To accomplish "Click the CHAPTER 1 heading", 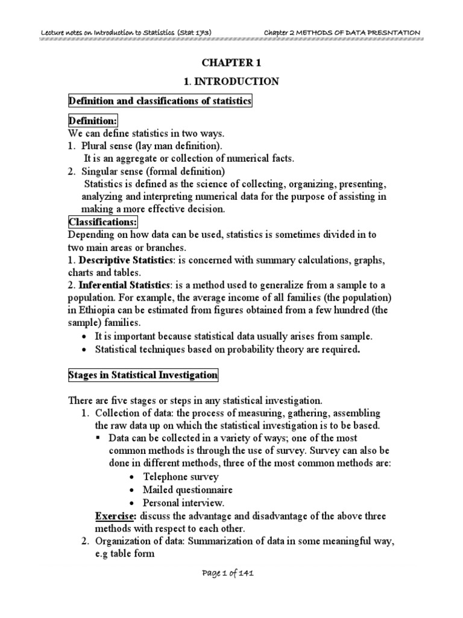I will [232, 62].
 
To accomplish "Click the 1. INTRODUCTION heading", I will [232, 81].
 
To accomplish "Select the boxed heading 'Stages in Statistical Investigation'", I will [142, 375].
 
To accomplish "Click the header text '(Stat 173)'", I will [194, 32].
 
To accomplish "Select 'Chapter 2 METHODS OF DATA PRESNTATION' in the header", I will [342, 32].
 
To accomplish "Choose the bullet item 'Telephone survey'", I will [176, 477].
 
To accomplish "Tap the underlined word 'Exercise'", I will [115, 516].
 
